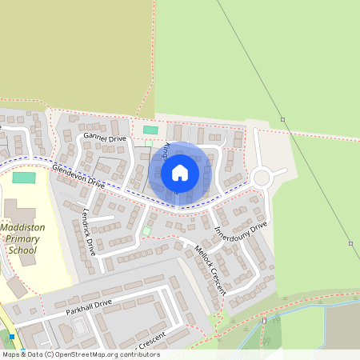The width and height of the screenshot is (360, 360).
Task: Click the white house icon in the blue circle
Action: click(180, 173)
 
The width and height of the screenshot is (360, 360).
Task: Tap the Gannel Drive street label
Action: click(105, 138)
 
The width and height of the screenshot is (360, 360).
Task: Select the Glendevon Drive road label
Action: click(78, 176)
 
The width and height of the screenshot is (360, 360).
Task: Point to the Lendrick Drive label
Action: click(89, 232)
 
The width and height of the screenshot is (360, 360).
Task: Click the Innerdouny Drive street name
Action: click(241, 231)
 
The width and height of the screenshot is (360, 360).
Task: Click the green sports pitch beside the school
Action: click(24, 177)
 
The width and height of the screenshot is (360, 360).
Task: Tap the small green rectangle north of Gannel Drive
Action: click(150, 130)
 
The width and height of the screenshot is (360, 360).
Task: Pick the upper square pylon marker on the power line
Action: click(282, 120)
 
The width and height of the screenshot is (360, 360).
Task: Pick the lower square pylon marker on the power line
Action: click(350, 243)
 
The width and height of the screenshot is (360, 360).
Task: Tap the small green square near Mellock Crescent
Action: click(146, 231)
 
